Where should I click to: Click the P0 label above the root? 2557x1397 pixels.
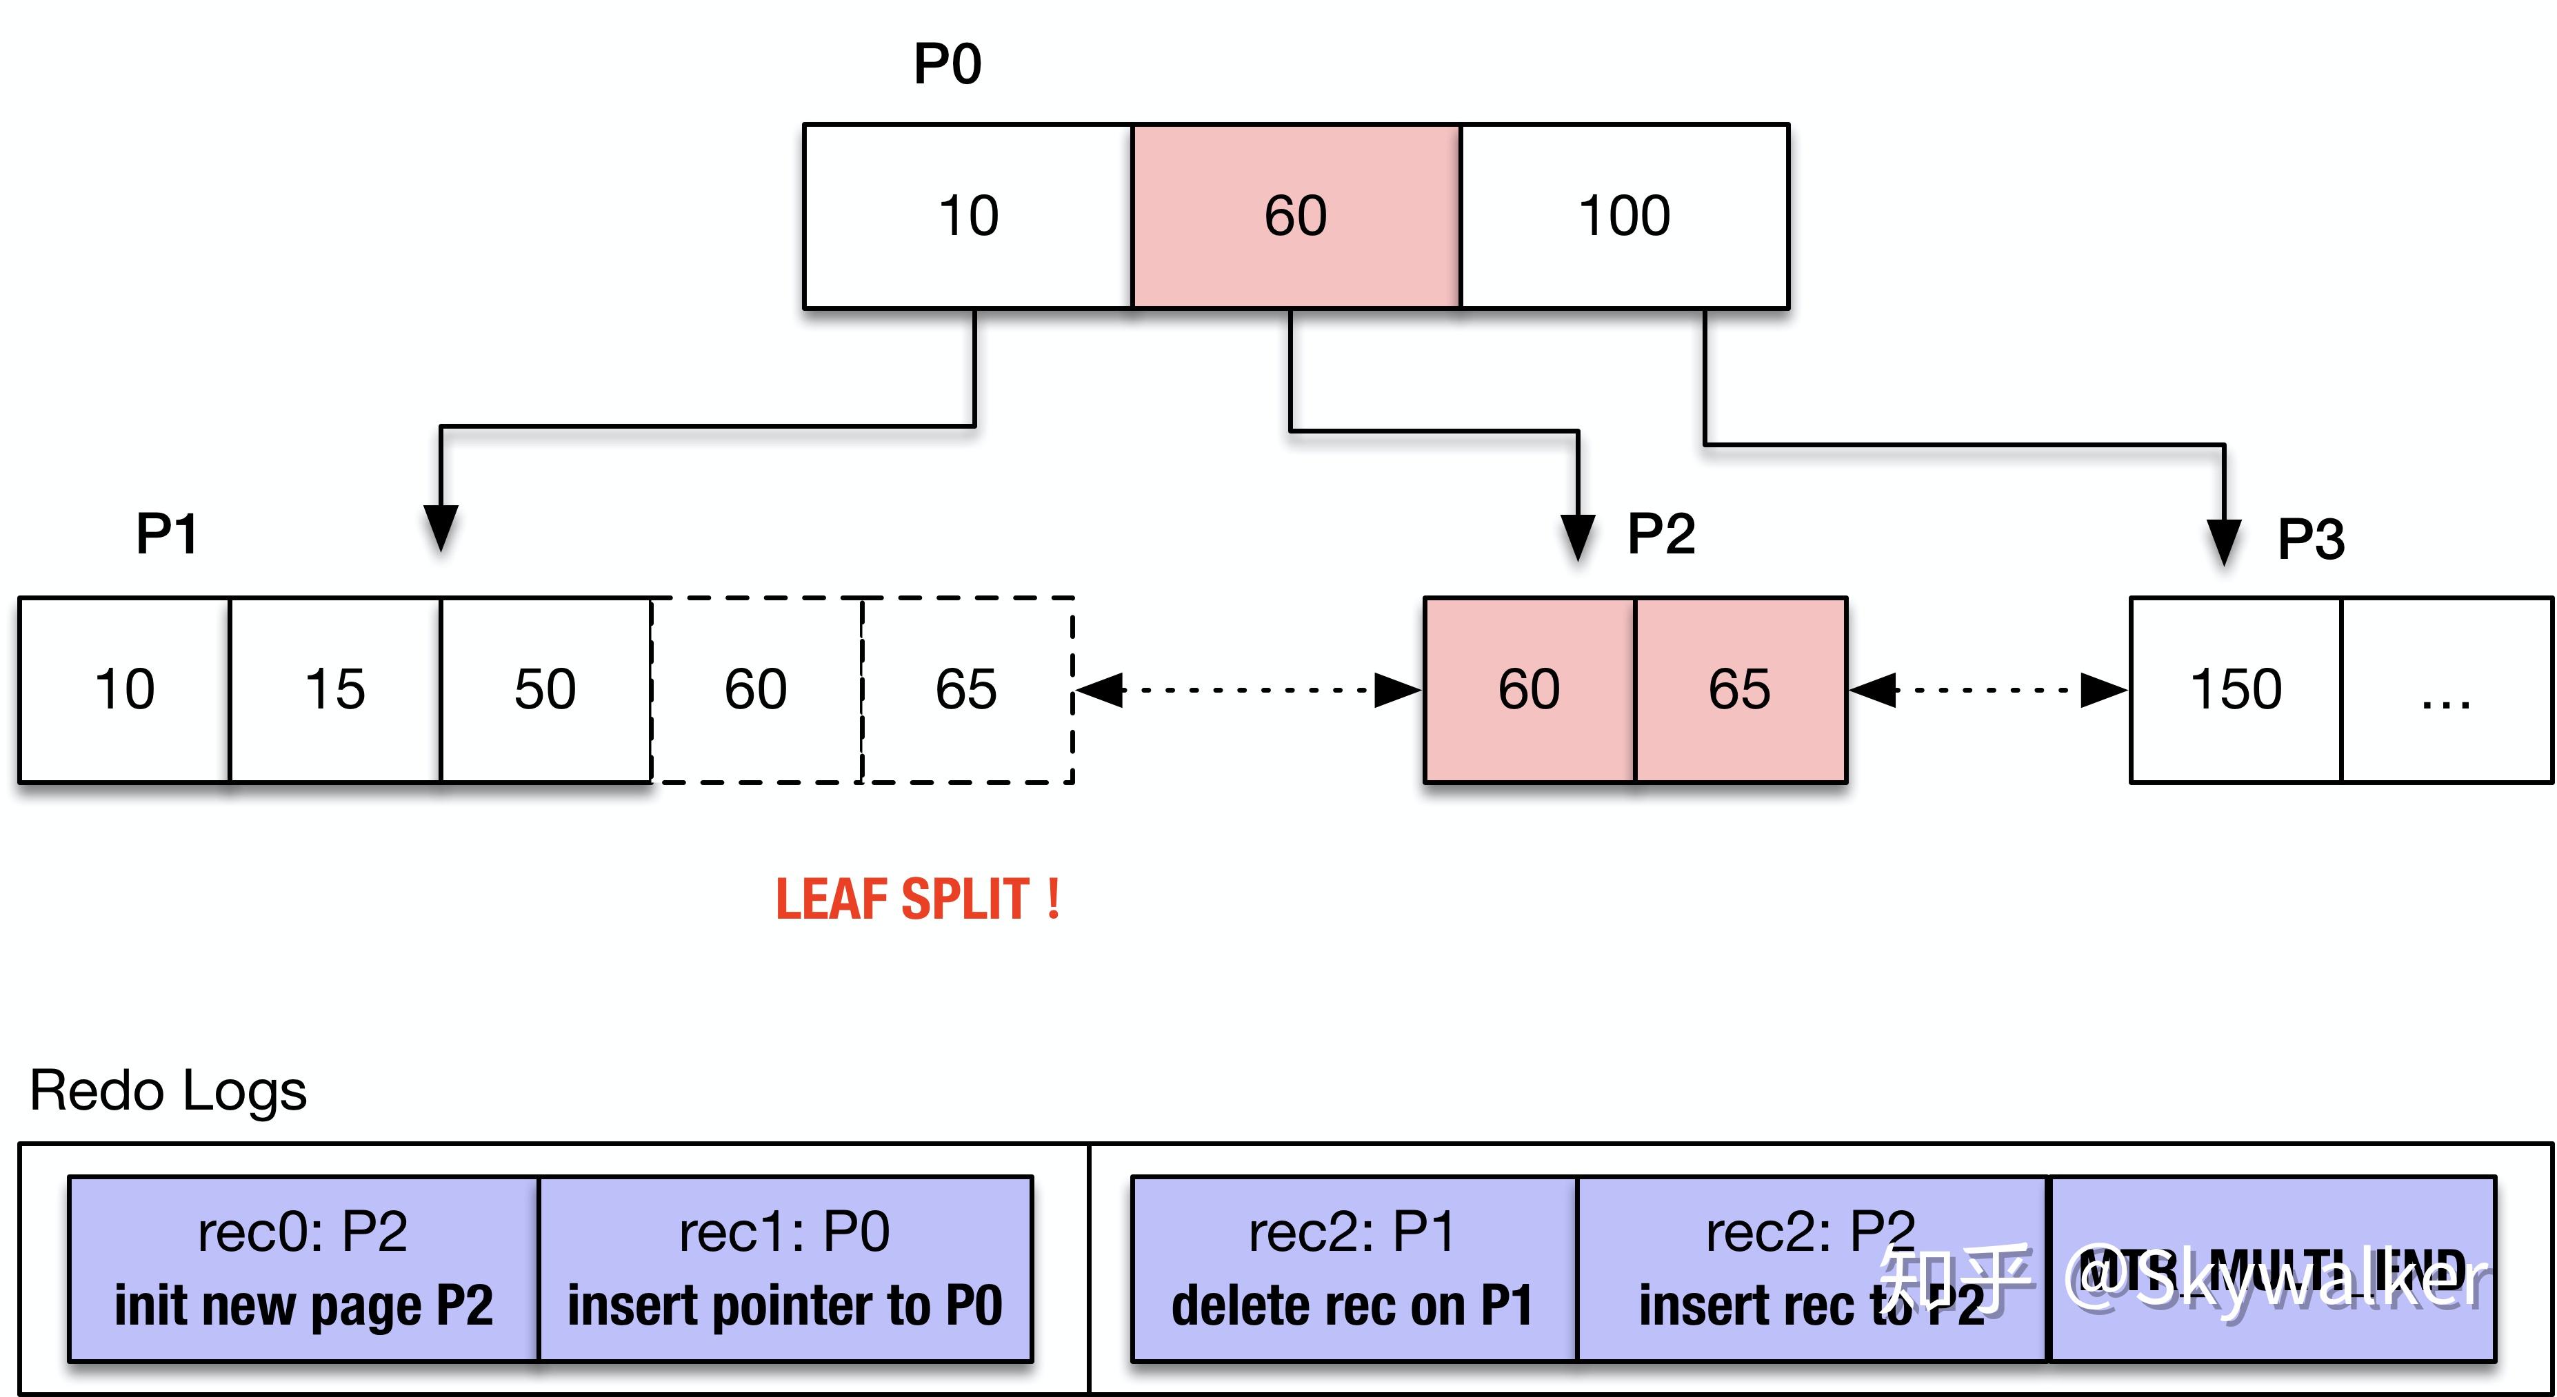coord(947,65)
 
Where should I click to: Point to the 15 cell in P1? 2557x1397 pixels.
coord(334,690)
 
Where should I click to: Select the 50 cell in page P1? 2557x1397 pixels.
coord(545,690)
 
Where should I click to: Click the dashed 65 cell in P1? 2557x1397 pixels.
coord(967,690)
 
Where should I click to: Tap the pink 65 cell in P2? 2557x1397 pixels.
coord(1740,690)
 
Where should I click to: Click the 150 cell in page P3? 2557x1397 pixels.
coord(2236,690)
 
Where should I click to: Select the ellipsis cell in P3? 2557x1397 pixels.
coord(2445,690)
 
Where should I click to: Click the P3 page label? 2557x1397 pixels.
coord(2310,540)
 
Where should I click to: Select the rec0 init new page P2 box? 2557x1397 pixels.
coord(303,1269)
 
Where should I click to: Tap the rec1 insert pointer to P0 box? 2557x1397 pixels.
coord(785,1269)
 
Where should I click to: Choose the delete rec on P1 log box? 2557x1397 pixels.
coord(1353,1269)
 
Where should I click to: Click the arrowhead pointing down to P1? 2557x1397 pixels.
coord(441,527)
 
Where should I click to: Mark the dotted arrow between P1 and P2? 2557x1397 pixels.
coord(1247,690)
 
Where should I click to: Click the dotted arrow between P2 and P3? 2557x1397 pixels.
coord(1987,690)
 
